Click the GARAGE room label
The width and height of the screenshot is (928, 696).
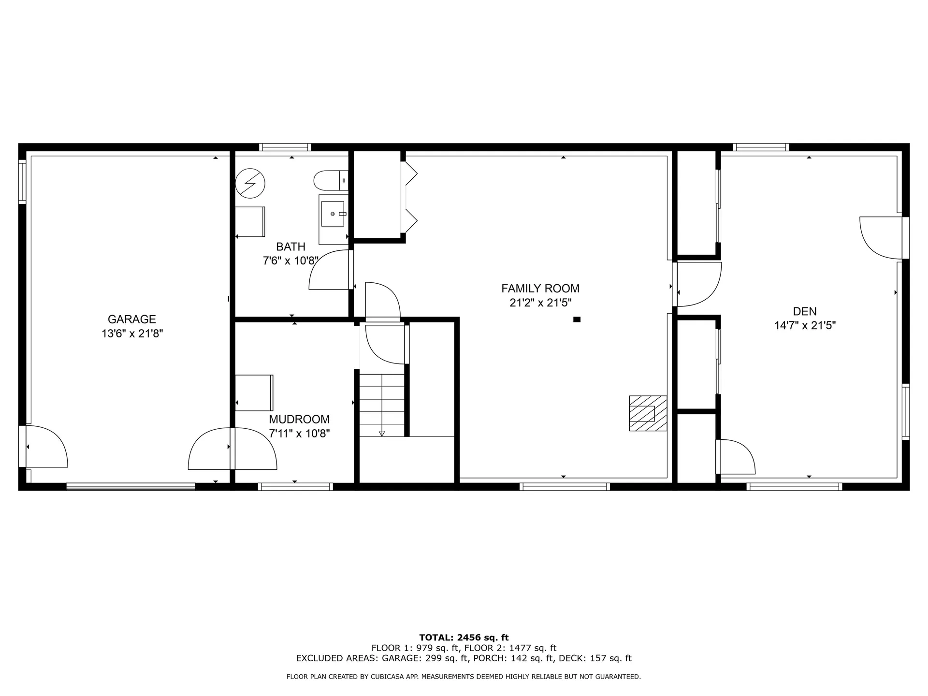click(x=131, y=319)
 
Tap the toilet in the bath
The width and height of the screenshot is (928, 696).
click(x=331, y=181)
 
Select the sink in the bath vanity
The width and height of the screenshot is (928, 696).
click(x=333, y=214)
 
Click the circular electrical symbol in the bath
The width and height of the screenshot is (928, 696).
click(x=250, y=183)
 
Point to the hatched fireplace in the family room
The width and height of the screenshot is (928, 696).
click(x=648, y=413)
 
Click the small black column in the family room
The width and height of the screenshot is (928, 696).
click(x=577, y=319)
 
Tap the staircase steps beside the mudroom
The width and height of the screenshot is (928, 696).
click(x=382, y=405)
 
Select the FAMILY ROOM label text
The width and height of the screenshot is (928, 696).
click(x=540, y=289)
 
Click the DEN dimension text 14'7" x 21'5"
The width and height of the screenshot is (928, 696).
click(x=805, y=326)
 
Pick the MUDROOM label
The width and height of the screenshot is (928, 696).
click(x=299, y=420)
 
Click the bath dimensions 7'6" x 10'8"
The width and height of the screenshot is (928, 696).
click(x=290, y=261)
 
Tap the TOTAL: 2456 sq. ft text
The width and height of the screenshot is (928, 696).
click(x=464, y=638)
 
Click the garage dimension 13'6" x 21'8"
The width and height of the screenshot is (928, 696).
click(x=132, y=333)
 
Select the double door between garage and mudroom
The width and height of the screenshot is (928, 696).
click(x=232, y=449)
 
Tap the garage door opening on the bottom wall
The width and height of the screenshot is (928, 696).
click(x=130, y=487)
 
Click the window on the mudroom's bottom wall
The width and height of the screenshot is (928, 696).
click(x=295, y=487)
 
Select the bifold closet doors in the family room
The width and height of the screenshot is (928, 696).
click(x=409, y=196)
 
